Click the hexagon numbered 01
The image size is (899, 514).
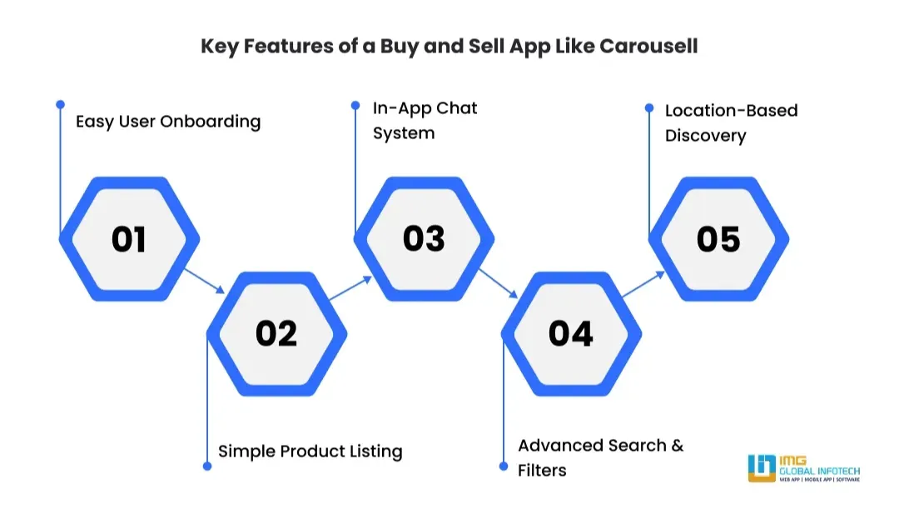129,239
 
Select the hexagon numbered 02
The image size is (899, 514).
276,333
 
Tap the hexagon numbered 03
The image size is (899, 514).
424,238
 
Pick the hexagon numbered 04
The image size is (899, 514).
571,333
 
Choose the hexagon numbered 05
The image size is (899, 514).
718,239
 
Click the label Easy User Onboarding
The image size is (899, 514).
168,122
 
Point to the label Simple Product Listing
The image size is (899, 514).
310,452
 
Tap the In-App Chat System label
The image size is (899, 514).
425,121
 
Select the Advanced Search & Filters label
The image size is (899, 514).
600,457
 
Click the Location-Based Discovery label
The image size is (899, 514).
731,123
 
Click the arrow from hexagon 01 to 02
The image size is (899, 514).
204,281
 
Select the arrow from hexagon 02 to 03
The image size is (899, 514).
350,288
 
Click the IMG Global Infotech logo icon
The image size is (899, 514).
762,468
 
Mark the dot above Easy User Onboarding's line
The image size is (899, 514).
60,104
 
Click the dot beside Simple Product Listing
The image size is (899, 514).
207,466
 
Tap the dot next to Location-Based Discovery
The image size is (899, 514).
649,107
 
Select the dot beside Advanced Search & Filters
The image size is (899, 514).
504,466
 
